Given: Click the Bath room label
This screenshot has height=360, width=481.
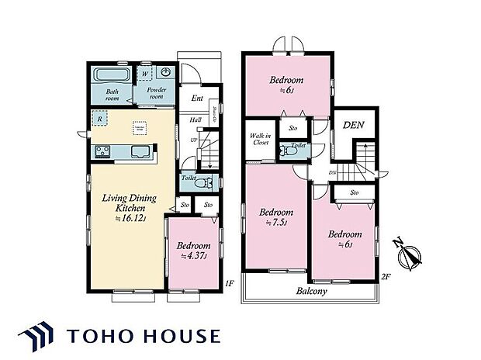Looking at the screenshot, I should click(112, 95).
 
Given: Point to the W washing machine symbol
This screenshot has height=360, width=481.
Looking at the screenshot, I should click(144, 74).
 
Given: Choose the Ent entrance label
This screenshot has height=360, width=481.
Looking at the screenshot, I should click(197, 99).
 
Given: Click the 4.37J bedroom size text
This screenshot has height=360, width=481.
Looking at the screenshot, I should click(191, 257).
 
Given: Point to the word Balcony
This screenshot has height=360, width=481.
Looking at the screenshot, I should click(310, 292).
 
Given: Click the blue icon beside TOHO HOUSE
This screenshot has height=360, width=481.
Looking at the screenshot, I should click(43, 337).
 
